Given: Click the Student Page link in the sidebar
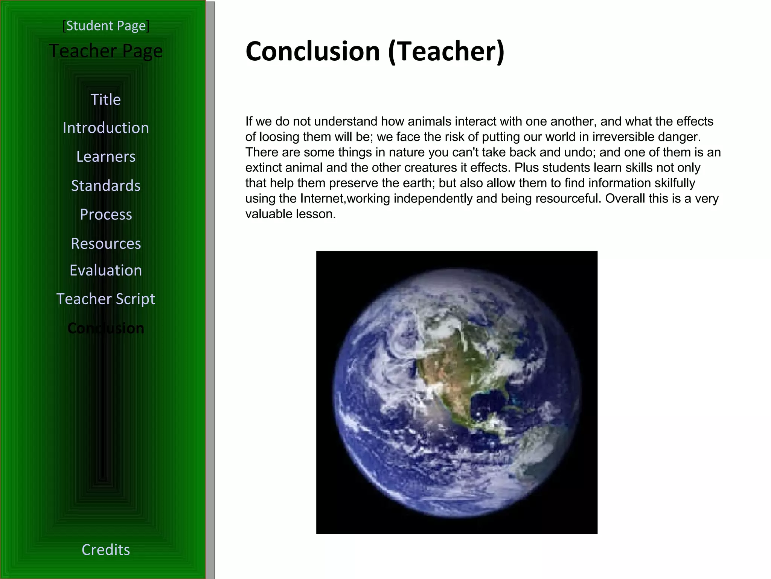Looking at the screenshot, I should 106,26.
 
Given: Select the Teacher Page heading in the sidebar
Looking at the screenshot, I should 106,51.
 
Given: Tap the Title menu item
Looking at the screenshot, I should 106,100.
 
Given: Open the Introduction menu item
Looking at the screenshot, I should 106,128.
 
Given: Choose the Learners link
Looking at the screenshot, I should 106,156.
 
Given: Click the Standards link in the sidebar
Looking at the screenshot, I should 106,185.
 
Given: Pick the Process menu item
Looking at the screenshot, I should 106,214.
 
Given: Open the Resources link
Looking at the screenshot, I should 106,244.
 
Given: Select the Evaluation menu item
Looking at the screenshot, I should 106,270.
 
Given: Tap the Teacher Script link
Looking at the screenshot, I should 106,299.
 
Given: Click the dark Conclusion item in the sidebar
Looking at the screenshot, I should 106,328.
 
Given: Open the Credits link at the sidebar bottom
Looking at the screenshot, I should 106,550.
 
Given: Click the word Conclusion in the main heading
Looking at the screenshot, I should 312,51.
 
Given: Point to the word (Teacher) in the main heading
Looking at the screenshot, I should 446,51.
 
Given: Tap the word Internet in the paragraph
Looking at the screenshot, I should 322,199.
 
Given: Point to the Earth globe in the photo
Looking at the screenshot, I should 457,392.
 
